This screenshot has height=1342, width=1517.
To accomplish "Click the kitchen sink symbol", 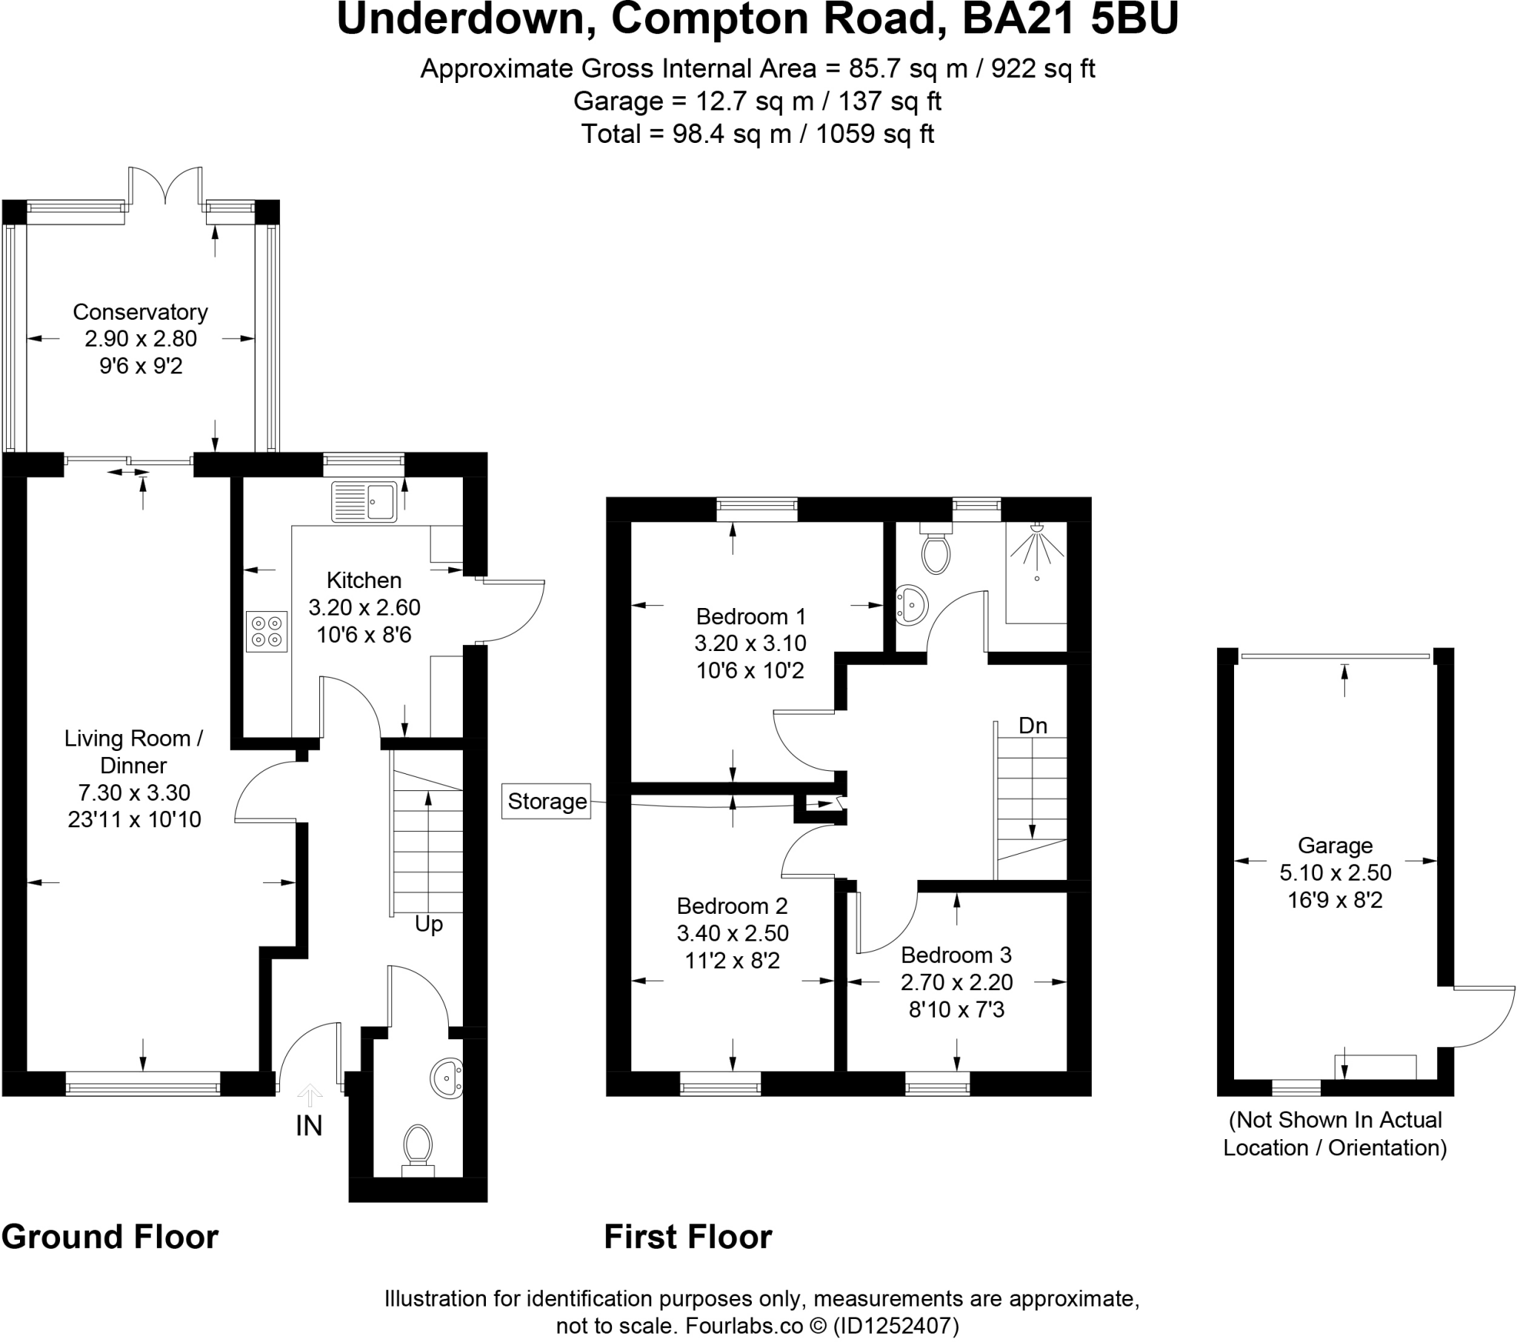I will click(364, 501).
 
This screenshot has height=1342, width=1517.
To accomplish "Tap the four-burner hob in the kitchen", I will click(267, 631).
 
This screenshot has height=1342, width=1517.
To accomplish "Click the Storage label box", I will click(546, 801).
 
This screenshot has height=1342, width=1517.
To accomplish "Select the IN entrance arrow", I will click(310, 1095).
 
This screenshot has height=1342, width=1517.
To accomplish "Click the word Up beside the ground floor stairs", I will click(428, 924).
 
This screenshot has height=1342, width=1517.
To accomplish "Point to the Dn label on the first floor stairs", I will click(1033, 725).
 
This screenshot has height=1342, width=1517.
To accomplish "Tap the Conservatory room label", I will click(140, 312).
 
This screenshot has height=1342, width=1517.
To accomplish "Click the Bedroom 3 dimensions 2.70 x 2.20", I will click(957, 982).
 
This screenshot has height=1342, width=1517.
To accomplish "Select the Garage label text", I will click(1336, 846).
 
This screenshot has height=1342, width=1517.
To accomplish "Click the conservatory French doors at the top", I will click(165, 186).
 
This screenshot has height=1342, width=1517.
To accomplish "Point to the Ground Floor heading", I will click(110, 1238).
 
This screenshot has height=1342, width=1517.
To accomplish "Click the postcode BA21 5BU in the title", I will click(1070, 19).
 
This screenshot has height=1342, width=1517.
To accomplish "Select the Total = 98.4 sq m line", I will click(757, 134).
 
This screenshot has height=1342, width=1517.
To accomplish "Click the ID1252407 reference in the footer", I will click(896, 1325).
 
